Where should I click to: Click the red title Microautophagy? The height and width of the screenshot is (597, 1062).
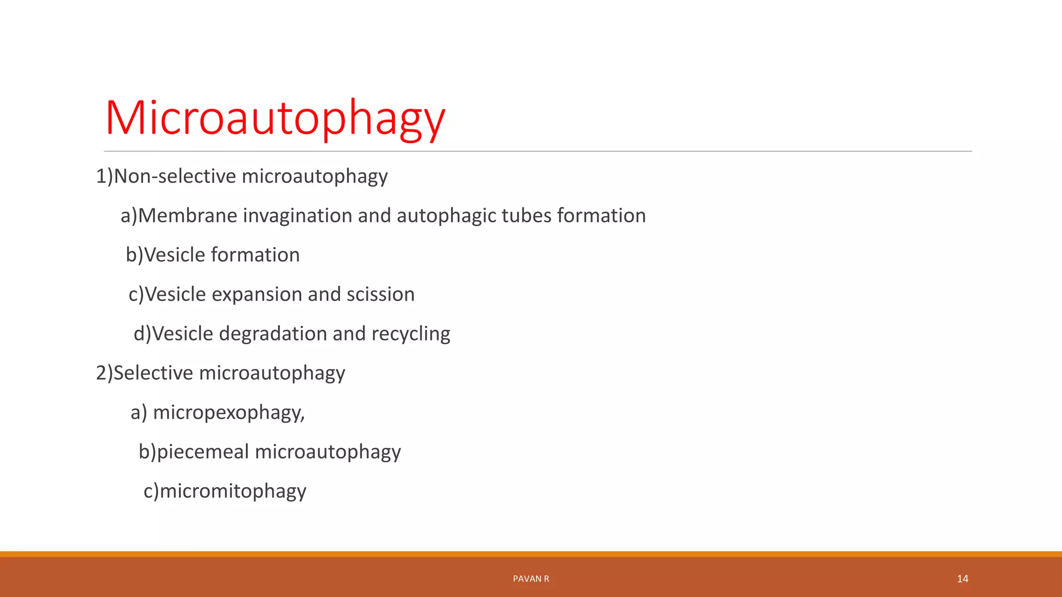click(275, 118)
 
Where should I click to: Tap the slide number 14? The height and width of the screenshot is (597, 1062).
click(962, 579)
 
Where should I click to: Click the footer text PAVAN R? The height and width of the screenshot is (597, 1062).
click(531, 579)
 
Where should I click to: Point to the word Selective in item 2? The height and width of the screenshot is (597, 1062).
click(153, 373)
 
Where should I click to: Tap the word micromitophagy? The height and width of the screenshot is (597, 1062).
click(233, 491)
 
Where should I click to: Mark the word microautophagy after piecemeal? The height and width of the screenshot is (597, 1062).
click(328, 452)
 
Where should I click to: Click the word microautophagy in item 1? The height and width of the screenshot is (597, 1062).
click(314, 177)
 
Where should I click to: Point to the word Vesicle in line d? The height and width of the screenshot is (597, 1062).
click(183, 334)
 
